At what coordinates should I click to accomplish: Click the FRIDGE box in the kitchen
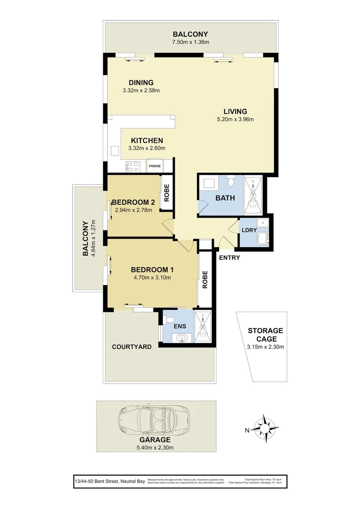click(155, 166)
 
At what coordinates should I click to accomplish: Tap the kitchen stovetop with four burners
click(133, 166)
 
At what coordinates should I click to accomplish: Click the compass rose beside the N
click(265, 429)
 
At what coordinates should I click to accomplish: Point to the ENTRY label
click(229, 258)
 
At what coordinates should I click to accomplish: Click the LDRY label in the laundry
click(249, 230)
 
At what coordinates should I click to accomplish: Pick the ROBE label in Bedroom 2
click(166, 192)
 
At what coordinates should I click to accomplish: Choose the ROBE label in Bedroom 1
click(205, 279)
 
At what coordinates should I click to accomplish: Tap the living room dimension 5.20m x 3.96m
click(235, 119)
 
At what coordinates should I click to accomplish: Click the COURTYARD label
click(131, 347)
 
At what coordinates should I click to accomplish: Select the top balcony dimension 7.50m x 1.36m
click(190, 42)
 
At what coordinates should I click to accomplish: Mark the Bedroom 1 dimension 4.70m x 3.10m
click(152, 278)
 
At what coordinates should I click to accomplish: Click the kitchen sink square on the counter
click(115, 150)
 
